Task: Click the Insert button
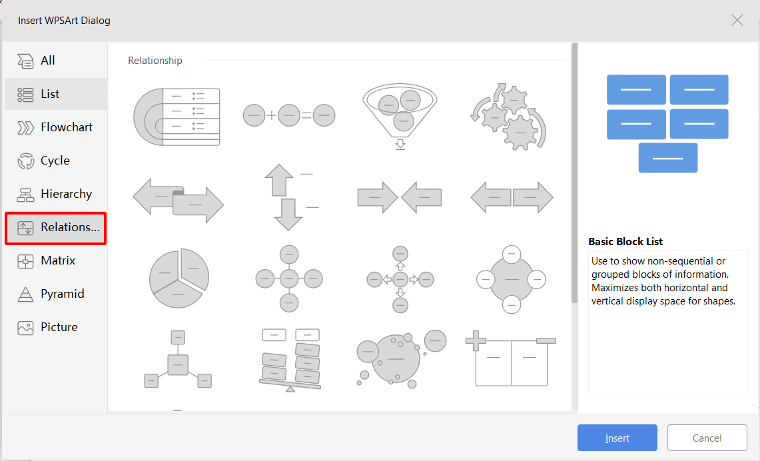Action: (x=617, y=438)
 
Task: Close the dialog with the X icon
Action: (x=737, y=21)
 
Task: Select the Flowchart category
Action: (x=55, y=127)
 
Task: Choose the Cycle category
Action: (x=55, y=161)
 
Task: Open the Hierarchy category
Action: (x=55, y=194)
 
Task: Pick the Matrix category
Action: (x=55, y=260)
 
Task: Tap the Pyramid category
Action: (x=55, y=294)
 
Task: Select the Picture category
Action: (x=55, y=327)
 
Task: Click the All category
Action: (x=55, y=61)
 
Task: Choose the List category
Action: (x=55, y=94)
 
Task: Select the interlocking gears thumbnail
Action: (x=508, y=117)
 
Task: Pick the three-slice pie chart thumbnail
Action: (x=179, y=278)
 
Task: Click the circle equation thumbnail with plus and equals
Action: (x=289, y=115)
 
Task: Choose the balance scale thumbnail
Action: (x=290, y=360)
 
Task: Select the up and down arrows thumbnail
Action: (x=289, y=197)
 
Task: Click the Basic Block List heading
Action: (x=625, y=241)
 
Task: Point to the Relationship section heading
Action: (x=155, y=61)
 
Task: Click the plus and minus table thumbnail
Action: (x=511, y=358)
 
